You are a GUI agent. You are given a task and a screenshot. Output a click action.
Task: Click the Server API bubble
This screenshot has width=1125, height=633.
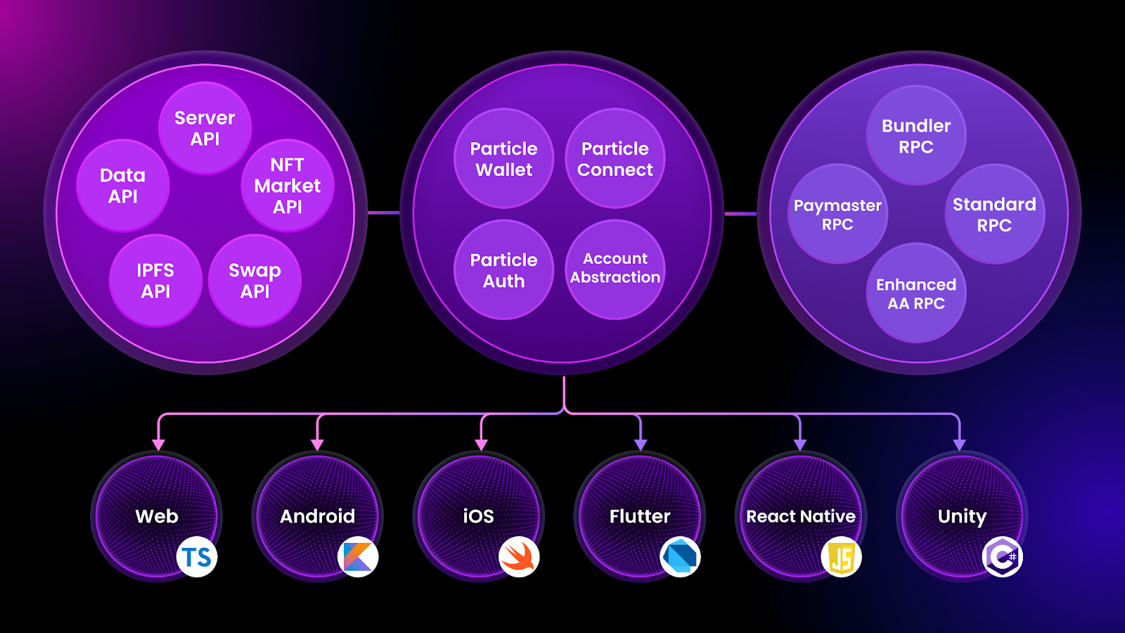coord(205,128)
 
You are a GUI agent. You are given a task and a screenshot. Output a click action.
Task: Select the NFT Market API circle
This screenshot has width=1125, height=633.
coord(287,186)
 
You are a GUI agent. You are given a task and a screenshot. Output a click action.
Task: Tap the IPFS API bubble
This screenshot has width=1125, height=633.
coord(155,281)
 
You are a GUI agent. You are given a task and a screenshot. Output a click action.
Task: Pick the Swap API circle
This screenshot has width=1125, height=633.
coord(255,281)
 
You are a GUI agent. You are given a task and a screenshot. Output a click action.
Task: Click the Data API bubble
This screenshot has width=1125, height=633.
coord(123,186)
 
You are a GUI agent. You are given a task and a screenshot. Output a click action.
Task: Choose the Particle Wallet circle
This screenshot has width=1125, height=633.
coord(503,159)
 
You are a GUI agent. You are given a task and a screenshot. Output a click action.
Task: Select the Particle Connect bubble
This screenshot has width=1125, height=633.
coord(615,159)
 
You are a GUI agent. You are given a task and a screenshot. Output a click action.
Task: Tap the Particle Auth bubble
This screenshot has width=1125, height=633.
coord(503,269)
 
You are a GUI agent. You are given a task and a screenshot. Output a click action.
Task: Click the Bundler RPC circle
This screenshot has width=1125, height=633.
coord(915,136)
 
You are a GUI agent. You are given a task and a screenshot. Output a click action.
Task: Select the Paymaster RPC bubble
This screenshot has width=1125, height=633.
coord(837,214)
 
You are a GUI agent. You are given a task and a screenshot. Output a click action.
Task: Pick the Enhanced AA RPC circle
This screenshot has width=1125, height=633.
coord(915,293)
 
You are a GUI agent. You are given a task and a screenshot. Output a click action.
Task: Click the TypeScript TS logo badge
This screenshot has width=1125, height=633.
coord(197,557)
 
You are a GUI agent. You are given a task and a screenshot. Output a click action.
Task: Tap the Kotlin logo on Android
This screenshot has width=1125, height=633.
coord(358,557)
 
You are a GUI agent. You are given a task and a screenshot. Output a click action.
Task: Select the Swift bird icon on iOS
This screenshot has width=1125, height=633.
coord(519,557)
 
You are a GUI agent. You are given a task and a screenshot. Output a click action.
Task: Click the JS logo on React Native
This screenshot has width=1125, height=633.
coord(841,557)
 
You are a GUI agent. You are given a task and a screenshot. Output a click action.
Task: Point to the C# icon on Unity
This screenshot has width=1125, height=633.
coord(1002,557)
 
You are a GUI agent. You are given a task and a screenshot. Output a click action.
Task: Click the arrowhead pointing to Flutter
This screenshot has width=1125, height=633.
coord(640,445)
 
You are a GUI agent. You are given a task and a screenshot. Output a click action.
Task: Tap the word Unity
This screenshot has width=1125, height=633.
coord(962,516)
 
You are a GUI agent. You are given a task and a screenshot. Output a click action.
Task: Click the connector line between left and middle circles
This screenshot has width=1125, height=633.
coord(383,212)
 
